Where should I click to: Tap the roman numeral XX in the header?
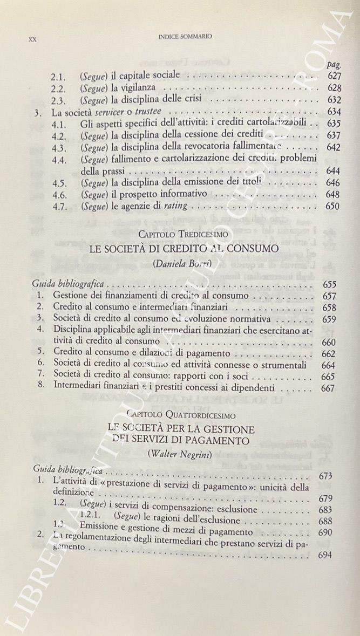click(x=32, y=39)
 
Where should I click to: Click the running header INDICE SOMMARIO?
click(x=185, y=37)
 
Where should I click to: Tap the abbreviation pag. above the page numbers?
click(x=335, y=64)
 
